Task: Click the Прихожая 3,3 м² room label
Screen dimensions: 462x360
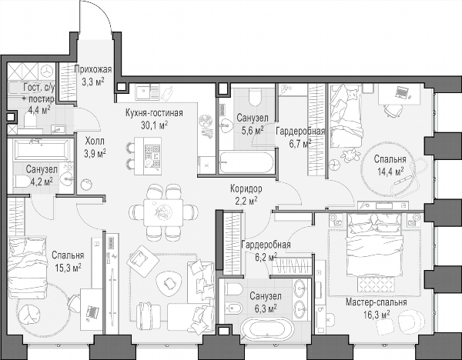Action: click(93, 75)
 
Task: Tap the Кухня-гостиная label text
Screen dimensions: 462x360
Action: click(154, 113)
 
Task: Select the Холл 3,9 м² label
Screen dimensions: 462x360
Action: click(95, 147)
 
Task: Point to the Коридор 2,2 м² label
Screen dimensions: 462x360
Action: click(246, 195)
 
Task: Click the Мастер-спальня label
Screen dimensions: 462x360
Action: click(377, 302)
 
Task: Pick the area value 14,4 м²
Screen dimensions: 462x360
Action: click(390, 172)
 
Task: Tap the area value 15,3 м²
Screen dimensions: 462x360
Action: click(68, 267)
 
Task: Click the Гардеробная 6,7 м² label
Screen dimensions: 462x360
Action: click(300, 137)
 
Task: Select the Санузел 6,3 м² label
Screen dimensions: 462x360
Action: click(266, 302)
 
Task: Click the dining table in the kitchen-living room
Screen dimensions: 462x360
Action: click(163, 212)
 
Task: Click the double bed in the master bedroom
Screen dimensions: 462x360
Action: click(374, 245)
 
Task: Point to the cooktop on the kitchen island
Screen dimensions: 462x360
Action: click(152, 155)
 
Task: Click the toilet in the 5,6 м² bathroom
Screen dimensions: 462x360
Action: click(255, 97)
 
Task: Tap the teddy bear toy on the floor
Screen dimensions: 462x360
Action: click(350, 155)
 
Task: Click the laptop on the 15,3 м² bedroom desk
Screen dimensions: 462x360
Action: click(92, 312)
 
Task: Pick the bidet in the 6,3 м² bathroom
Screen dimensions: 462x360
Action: click(233, 308)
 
